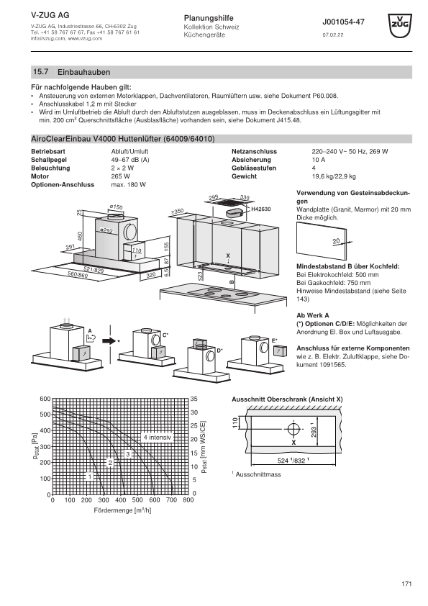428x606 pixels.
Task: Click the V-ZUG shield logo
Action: [x=400, y=25]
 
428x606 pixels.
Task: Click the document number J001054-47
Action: [x=343, y=22]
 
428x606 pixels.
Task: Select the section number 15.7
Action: [x=40, y=72]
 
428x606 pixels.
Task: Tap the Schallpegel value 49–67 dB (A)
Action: [x=130, y=160]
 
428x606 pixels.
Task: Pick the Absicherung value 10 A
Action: [x=319, y=160]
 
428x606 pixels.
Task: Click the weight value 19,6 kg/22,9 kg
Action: [x=334, y=176]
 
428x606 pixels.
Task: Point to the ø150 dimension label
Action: [x=116, y=207]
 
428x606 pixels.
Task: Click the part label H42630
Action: [x=261, y=209]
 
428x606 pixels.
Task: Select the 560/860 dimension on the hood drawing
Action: [x=78, y=274]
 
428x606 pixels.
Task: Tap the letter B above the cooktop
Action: [x=232, y=281]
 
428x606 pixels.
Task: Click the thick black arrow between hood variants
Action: [x=109, y=341]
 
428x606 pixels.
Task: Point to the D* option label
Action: [x=219, y=351]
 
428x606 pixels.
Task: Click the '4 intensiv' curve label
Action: [x=158, y=438]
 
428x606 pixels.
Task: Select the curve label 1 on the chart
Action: [x=90, y=477]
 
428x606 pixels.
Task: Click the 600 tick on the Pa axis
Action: [x=45, y=399]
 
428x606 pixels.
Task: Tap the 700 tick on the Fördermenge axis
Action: [x=171, y=499]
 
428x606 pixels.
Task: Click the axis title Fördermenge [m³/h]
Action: [x=122, y=510]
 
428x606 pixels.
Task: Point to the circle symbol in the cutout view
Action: [x=293, y=429]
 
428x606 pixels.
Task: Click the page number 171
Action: [x=406, y=584]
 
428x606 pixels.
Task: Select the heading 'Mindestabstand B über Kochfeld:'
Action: [x=348, y=266]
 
